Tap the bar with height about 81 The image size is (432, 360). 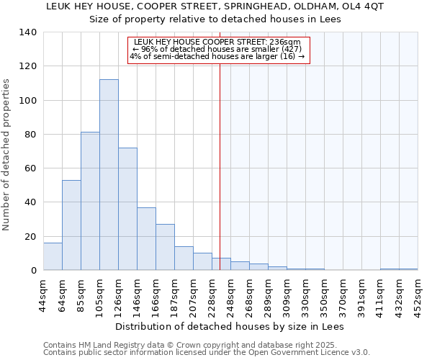(90, 201)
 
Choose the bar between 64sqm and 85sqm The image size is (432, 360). (71, 225)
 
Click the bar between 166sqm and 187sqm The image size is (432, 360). (165, 247)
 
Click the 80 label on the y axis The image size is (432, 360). (30, 135)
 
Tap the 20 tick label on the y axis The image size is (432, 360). (30, 237)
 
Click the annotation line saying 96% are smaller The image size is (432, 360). (218, 49)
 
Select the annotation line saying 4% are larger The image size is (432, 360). (218, 56)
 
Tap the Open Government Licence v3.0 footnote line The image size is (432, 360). (207, 353)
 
